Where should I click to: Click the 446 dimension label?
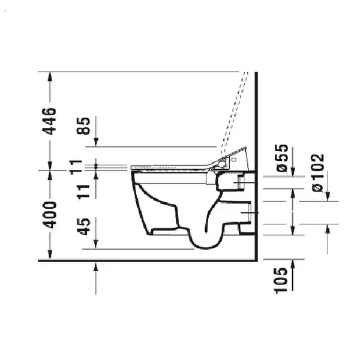(x=49, y=121)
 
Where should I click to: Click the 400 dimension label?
(x=50, y=215)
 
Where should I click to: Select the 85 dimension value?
(x=83, y=126)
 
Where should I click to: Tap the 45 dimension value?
(x=83, y=227)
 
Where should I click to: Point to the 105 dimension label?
(x=281, y=281)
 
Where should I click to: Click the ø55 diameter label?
(x=282, y=158)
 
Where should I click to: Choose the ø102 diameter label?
(x=318, y=173)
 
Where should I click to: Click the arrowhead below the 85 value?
(x=96, y=142)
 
